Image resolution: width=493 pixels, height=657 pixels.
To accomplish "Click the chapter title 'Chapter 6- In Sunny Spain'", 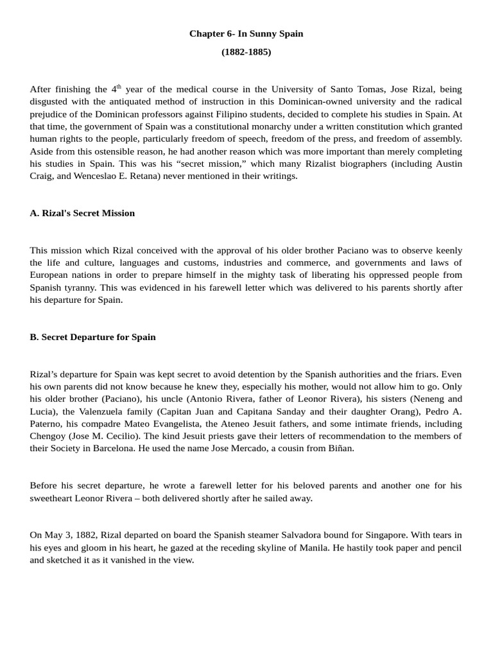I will coord(246,33).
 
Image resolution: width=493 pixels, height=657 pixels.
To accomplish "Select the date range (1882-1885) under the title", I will coord(246,52).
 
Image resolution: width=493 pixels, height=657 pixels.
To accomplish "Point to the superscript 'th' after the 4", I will coord(119,86).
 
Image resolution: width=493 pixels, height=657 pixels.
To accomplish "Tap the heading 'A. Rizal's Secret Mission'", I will coord(82,213).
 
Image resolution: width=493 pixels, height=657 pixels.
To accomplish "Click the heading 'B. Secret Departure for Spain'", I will coord(92,337).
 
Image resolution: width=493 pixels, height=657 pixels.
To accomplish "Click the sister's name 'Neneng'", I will coord(426,398).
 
